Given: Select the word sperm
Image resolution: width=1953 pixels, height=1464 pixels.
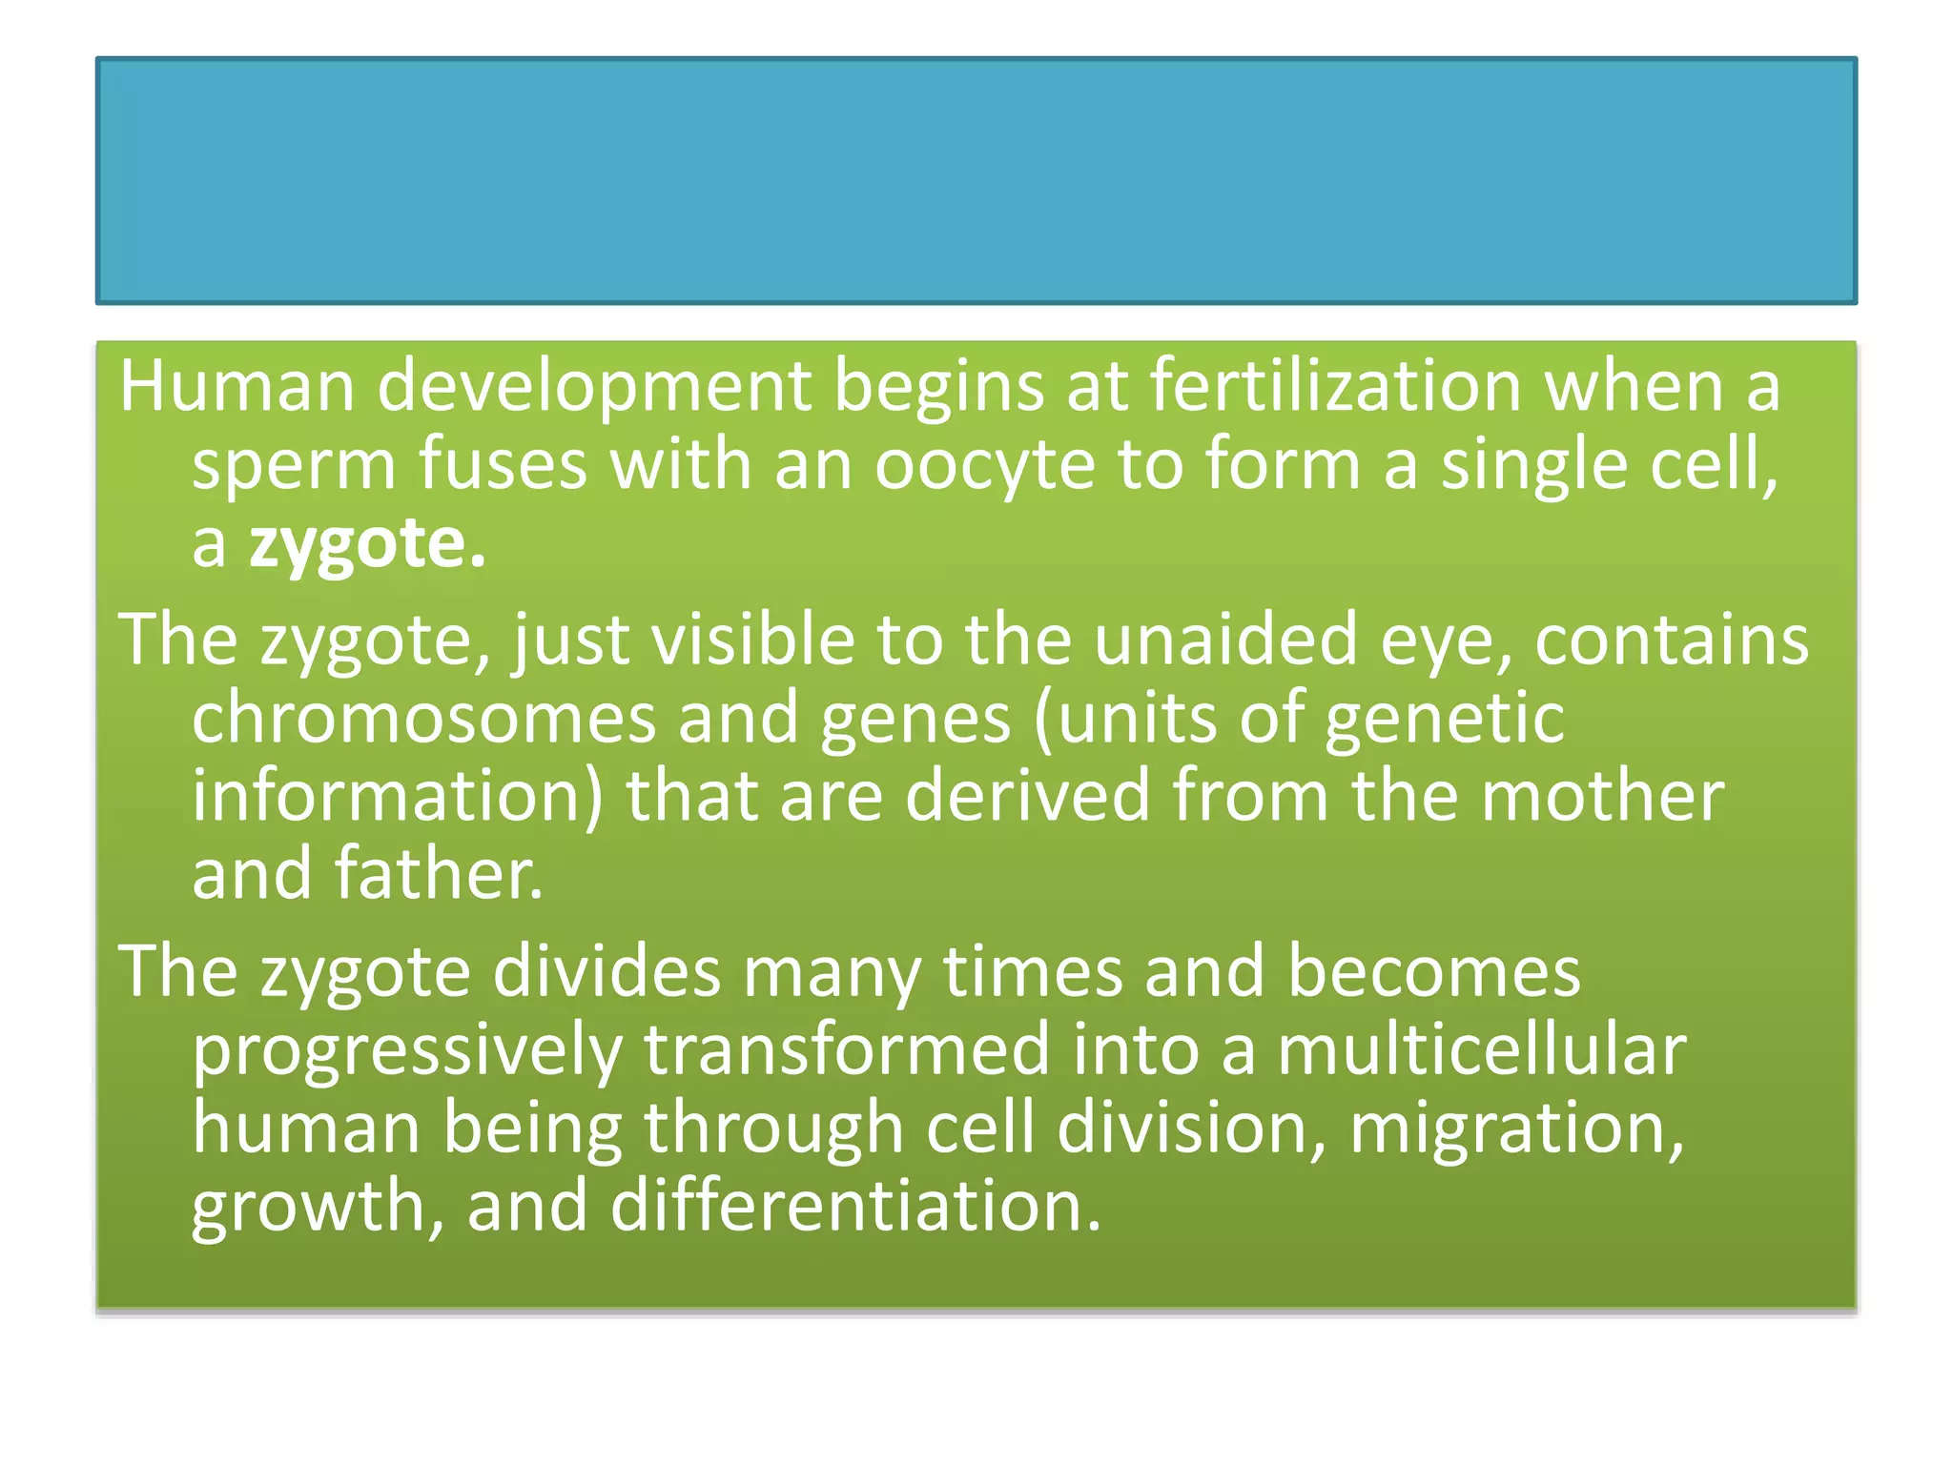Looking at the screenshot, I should coord(294,465).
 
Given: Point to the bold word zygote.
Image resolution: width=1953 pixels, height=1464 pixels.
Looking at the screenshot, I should coord(367,545).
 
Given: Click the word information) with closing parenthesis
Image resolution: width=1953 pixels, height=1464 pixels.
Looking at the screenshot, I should coord(398,796).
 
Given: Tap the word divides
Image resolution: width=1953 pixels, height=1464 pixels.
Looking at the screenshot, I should coord(606,971).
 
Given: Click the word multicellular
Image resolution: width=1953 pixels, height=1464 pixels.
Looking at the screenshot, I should coord(1482,1049).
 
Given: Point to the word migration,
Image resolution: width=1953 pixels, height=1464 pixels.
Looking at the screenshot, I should coord(1516,1129).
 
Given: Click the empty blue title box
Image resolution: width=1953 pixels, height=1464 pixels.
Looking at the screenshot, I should coord(976,181).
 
